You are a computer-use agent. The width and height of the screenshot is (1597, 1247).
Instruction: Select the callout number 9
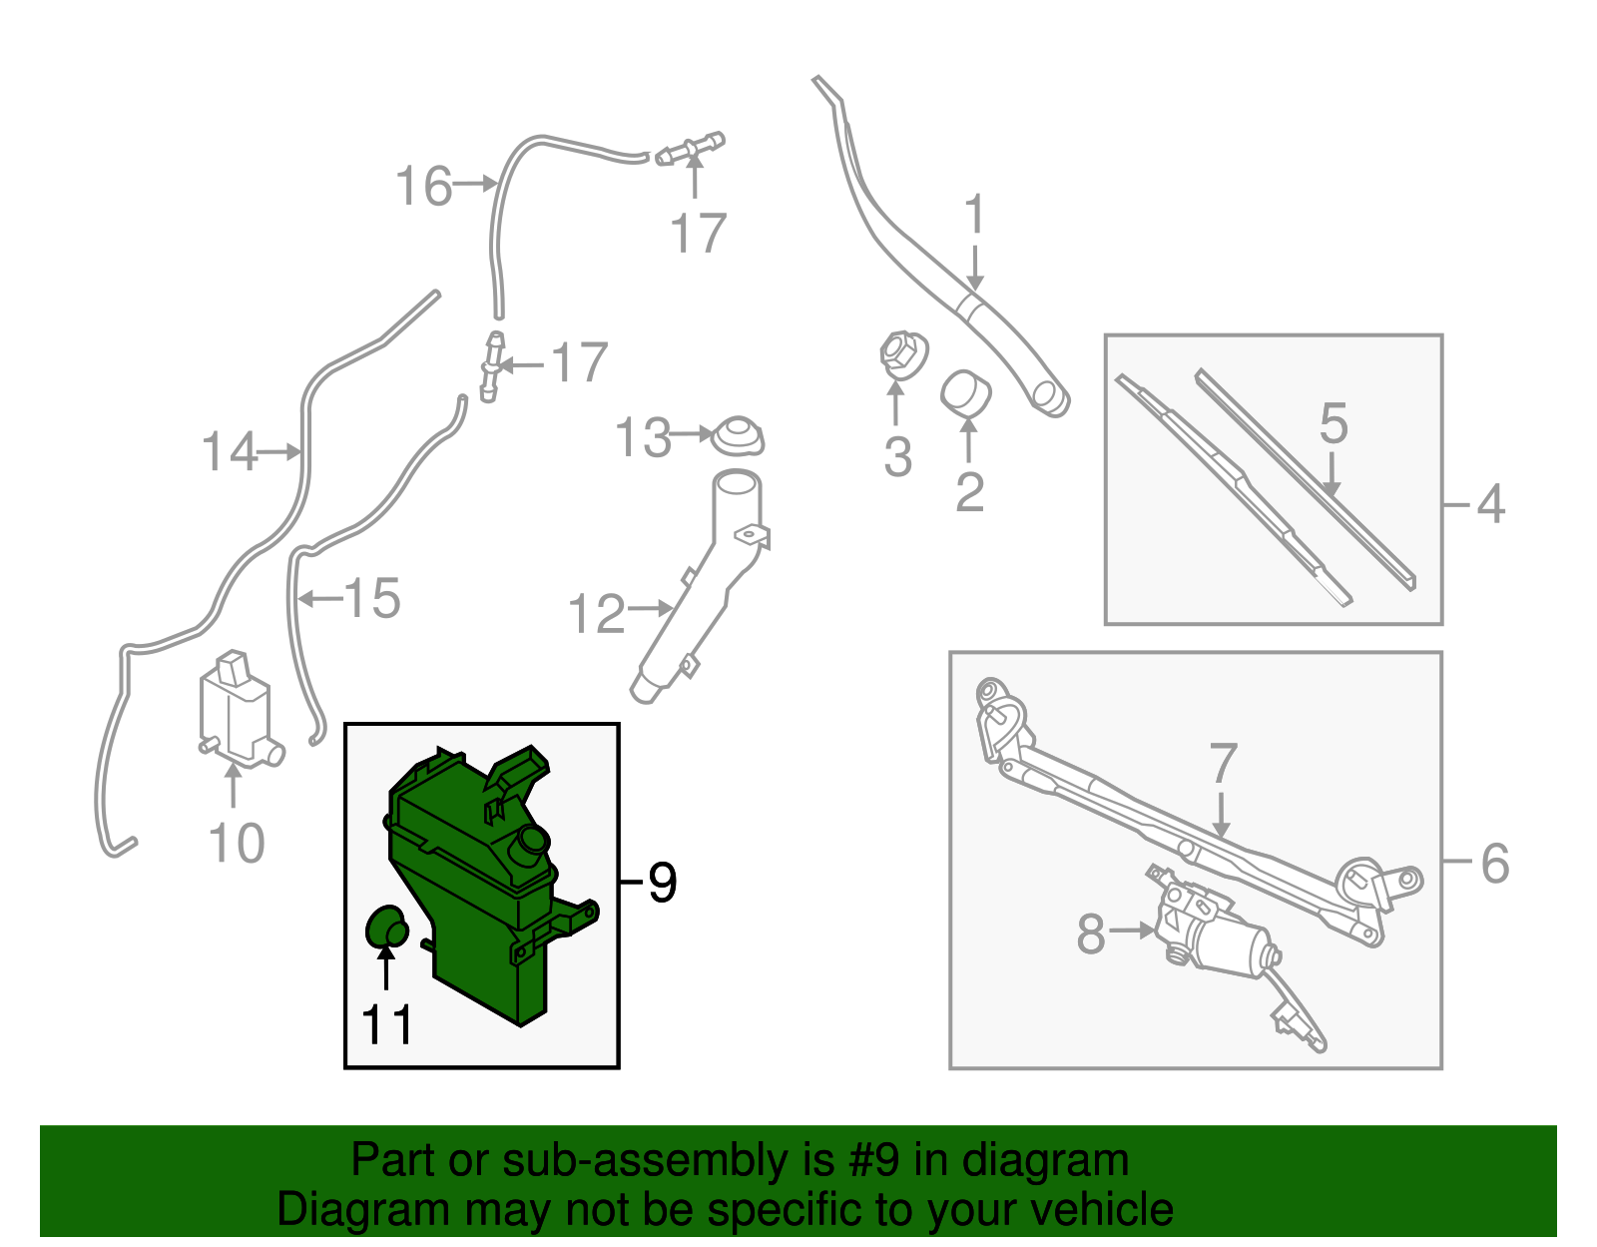click(662, 883)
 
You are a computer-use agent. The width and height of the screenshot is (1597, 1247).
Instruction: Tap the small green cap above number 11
click(387, 928)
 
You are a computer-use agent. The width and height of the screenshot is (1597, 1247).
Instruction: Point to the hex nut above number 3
click(903, 355)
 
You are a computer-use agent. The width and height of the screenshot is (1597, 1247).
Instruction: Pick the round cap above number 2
click(966, 394)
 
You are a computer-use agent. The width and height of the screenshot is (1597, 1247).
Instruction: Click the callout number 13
click(643, 438)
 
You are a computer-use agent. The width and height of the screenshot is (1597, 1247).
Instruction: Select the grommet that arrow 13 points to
click(738, 436)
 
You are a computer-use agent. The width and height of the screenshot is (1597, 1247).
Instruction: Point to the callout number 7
click(1223, 764)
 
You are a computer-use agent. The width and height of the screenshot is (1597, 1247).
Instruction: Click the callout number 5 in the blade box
click(1333, 423)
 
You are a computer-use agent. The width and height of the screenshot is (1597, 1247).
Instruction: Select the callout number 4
click(1490, 504)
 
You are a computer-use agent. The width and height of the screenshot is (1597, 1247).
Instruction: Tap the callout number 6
click(1495, 863)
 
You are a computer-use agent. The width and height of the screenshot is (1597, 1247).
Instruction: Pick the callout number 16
click(423, 185)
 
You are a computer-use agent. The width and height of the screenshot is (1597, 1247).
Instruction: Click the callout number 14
click(229, 451)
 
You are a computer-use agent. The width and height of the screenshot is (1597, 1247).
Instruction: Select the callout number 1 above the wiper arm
click(974, 214)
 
